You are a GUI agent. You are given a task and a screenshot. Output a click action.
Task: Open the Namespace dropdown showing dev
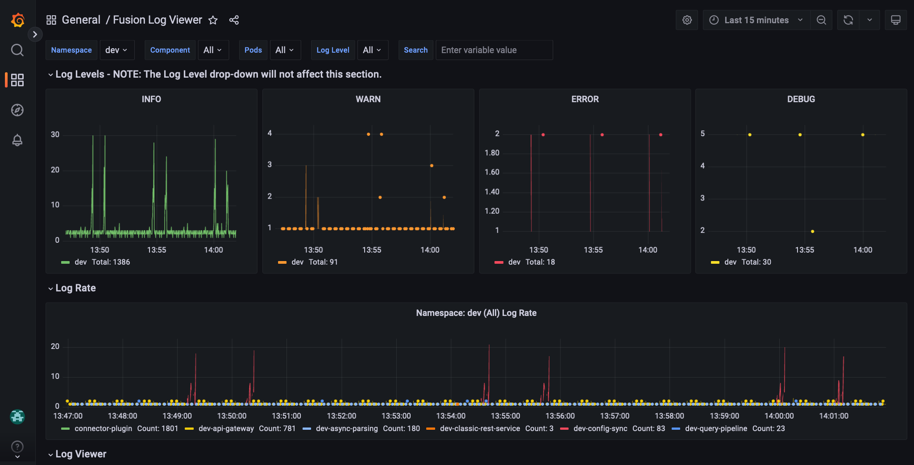tap(116, 50)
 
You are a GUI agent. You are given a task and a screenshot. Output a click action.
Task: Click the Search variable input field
tap(494, 50)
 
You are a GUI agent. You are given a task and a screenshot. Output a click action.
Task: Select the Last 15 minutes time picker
tap(756, 20)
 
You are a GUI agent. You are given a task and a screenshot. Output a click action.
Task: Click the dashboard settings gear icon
tap(687, 20)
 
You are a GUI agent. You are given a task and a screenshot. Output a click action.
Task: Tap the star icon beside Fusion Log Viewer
tap(213, 20)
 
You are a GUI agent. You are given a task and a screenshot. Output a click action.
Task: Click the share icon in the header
tap(234, 20)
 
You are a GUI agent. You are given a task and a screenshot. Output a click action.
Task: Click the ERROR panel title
tap(585, 99)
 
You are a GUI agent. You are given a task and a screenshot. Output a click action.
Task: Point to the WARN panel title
tap(368, 99)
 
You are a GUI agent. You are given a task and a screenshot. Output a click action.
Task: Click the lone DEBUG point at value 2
tap(812, 231)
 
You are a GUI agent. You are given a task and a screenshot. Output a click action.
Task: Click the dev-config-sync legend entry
tap(600, 428)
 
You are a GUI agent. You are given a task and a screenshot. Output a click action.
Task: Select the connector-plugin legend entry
tap(103, 428)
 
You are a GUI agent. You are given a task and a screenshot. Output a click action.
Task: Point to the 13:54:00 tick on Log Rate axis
tap(450, 416)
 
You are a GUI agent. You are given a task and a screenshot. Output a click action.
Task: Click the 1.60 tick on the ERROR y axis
tap(492, 172)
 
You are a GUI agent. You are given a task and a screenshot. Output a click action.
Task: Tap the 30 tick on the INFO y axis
tap(55, 134)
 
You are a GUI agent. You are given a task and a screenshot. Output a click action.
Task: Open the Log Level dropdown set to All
tap(372, 50)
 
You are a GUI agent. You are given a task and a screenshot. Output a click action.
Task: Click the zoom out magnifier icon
tap(821, 20)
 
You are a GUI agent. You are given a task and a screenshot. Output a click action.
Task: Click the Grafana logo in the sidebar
tap(17, 20)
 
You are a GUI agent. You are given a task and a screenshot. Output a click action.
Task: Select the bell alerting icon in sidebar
tap(17, 140)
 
